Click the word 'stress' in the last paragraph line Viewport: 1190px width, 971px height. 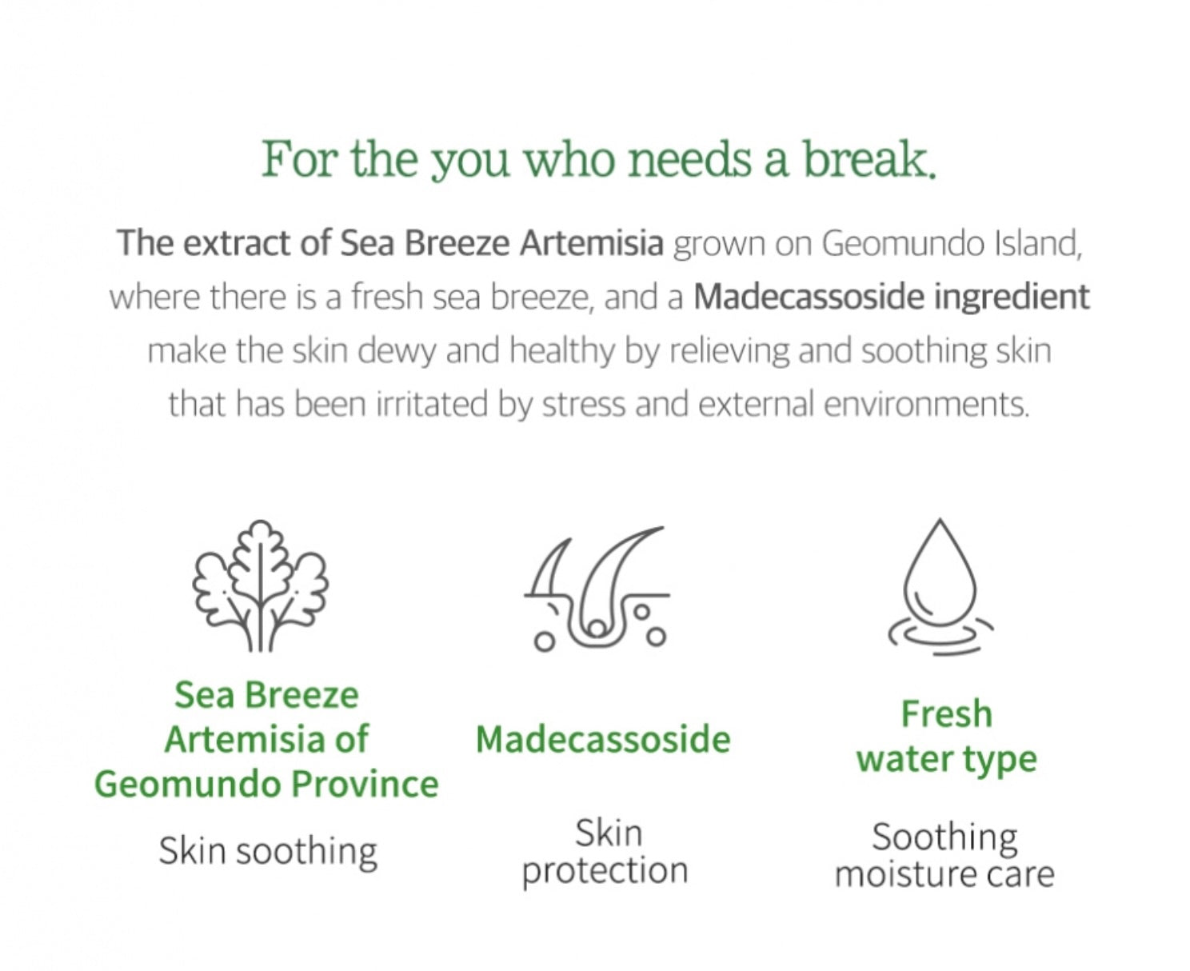coord(584,405)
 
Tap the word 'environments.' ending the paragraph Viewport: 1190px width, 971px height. coord(927,405)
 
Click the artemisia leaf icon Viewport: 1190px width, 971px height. coord(260,585)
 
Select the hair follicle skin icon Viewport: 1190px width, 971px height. coord(596,589)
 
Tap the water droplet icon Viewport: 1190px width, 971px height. coord(940,587)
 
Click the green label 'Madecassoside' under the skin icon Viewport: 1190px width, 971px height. coord(603,739)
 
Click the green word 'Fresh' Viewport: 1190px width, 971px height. coord(946,713)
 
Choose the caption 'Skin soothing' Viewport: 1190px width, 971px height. coord(268,851)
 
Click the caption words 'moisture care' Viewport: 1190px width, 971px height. coord(944,874)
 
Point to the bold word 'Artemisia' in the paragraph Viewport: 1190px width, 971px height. coord(592,243)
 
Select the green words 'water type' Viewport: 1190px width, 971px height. coord(947,759)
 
